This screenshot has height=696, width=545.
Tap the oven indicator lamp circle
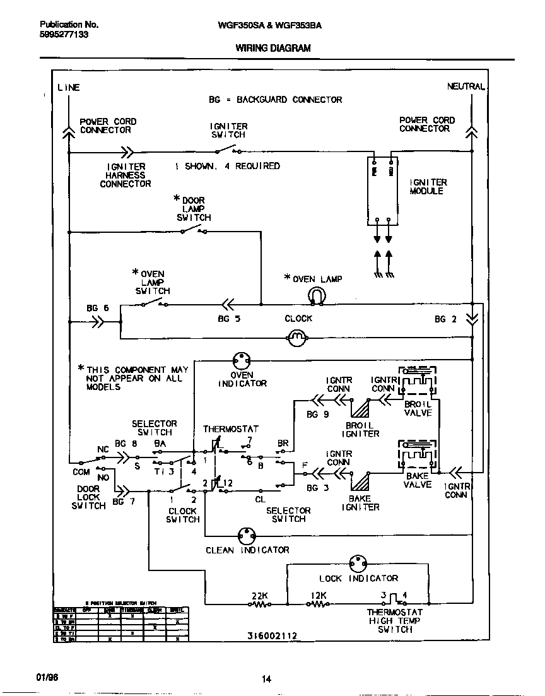pos(242,361)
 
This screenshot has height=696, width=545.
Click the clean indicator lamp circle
pos(247,536)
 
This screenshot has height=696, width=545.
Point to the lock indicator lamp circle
pos(358,563)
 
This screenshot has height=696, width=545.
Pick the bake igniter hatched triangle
pos(361,481)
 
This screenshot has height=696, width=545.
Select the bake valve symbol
pos(417,456)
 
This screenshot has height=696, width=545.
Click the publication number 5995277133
pos(59,35)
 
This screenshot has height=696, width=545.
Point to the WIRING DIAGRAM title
pos(272,48)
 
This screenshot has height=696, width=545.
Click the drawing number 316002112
pos(272,635)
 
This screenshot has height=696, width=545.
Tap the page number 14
pos(266,679)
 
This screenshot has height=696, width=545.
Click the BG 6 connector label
pos(98,309)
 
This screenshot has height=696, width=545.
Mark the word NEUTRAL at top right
pos(466,86)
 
